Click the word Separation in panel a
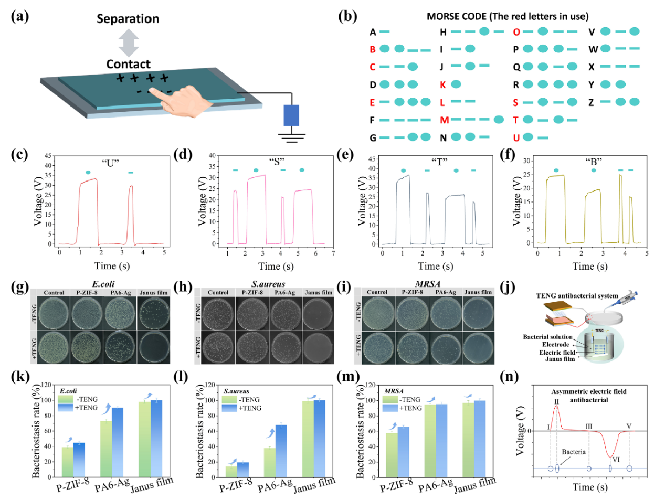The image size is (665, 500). pyautogui.click(x=128, y=19)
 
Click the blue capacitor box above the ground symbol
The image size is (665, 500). pyautogui.click(x=291, y=115)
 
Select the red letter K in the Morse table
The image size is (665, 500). pyautogui.click(x=443, y=84)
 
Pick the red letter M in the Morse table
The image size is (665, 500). pyautogui.click(x=444, y=120)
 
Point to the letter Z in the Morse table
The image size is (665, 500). pyautogui.click(x=591, y=102)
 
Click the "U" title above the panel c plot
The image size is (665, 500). pyautogui.click(x=110, y=163)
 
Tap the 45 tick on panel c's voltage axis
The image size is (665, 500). pyautogui.click(x=48, y=156)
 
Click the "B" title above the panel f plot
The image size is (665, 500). pyautogui.click(x=594, y=162)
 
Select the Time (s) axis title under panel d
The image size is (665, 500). pyautogui.click(x=276, y=266)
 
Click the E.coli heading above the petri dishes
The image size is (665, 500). pyautogui.click(x=103, y=284)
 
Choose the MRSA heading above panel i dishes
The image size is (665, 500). pyautogui.click(x=427, y=284)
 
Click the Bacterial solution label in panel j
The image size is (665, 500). pyautogui.click(x=547, y=337)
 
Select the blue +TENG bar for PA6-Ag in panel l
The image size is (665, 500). pyautogui.click(x=281, y=451)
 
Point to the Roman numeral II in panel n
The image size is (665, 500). pyautogui.click(x=556, y=401)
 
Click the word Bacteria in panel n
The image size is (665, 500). pyautogui.click(x=573, y=452)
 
